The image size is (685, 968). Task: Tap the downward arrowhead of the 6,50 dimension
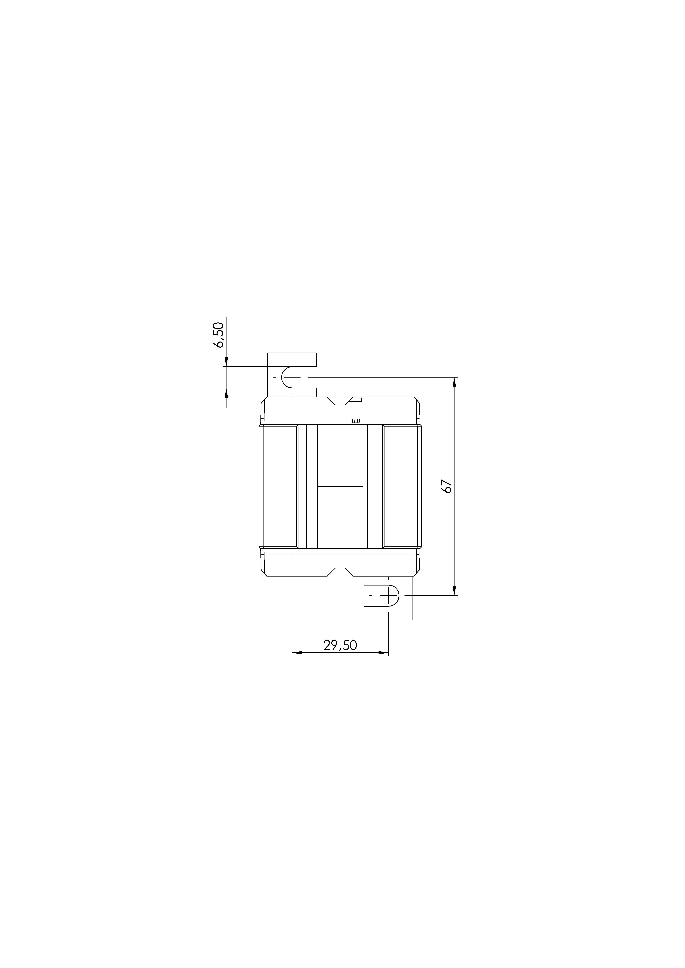tap(226, 362)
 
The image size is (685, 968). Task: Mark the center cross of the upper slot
tap(292, 376)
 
